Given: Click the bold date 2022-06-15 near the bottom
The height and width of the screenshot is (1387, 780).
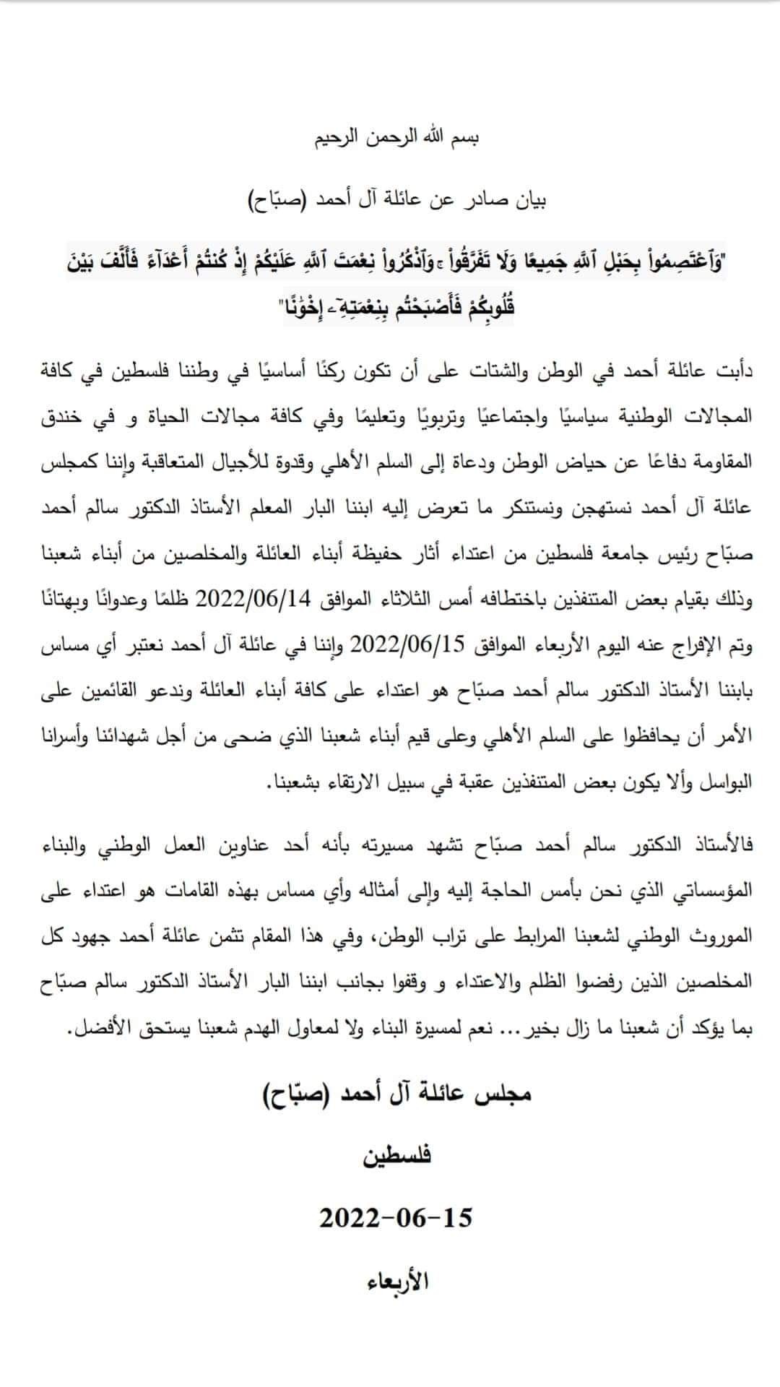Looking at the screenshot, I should tap(396, 1218).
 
